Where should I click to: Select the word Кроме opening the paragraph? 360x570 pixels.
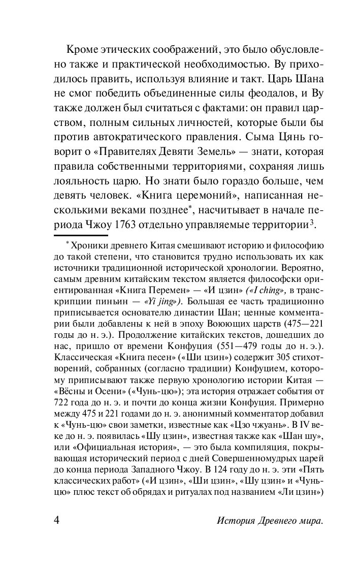(x=84, y=51)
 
